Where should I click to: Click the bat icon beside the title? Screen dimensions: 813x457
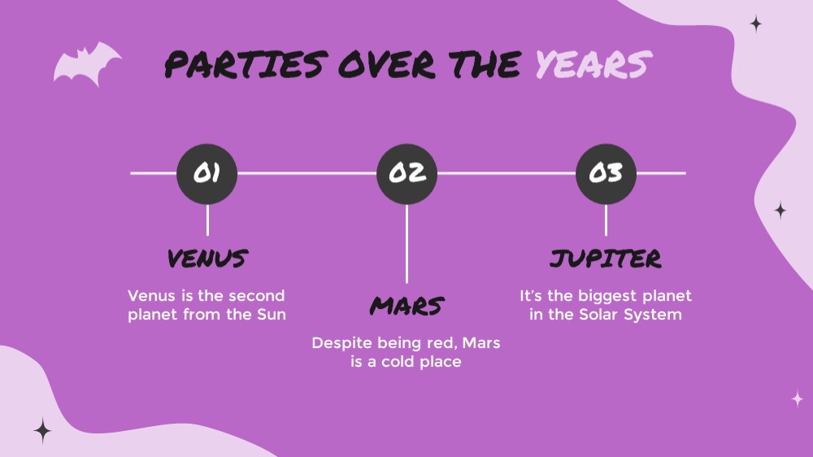tap(86, 63)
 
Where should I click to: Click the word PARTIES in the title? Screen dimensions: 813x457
tap(246, 64)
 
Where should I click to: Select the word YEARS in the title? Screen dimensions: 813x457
tap(593, 64)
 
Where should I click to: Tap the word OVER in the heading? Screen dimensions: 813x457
tap(387, 64)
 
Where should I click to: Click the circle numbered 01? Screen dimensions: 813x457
tap(207, 174)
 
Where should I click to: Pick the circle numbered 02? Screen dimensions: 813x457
tap(406, 174)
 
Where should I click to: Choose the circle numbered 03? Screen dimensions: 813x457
tap(606, 174)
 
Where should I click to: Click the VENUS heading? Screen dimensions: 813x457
tap(207, 259)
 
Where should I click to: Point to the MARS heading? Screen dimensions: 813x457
tap(407, 306)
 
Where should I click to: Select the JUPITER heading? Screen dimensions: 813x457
tap(606, 259)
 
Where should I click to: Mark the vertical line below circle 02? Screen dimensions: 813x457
tap(406, 244)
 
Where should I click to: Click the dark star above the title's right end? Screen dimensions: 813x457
tap(756, 24)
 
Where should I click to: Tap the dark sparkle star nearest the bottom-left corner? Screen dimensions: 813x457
tap(42, 430)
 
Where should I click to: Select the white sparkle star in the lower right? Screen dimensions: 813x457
tap(798, 399)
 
